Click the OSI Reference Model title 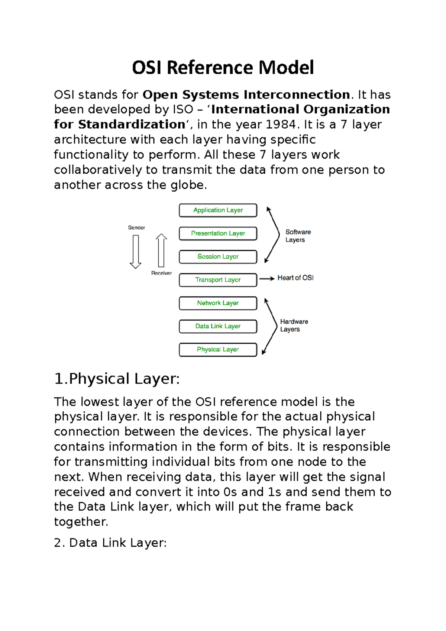223,68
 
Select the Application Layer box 218,210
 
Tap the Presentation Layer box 218,233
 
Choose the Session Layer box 218,257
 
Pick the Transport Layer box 218,280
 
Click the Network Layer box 218,303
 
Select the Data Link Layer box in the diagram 218,326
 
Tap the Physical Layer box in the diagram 218,350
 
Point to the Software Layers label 298,236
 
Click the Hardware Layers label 294,325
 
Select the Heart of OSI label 295,278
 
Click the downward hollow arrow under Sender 135,251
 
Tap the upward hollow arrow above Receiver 161,250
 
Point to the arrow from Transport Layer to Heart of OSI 267,278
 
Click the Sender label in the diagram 136,227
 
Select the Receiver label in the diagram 161,273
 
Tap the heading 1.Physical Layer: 117,379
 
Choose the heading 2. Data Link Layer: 110,543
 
